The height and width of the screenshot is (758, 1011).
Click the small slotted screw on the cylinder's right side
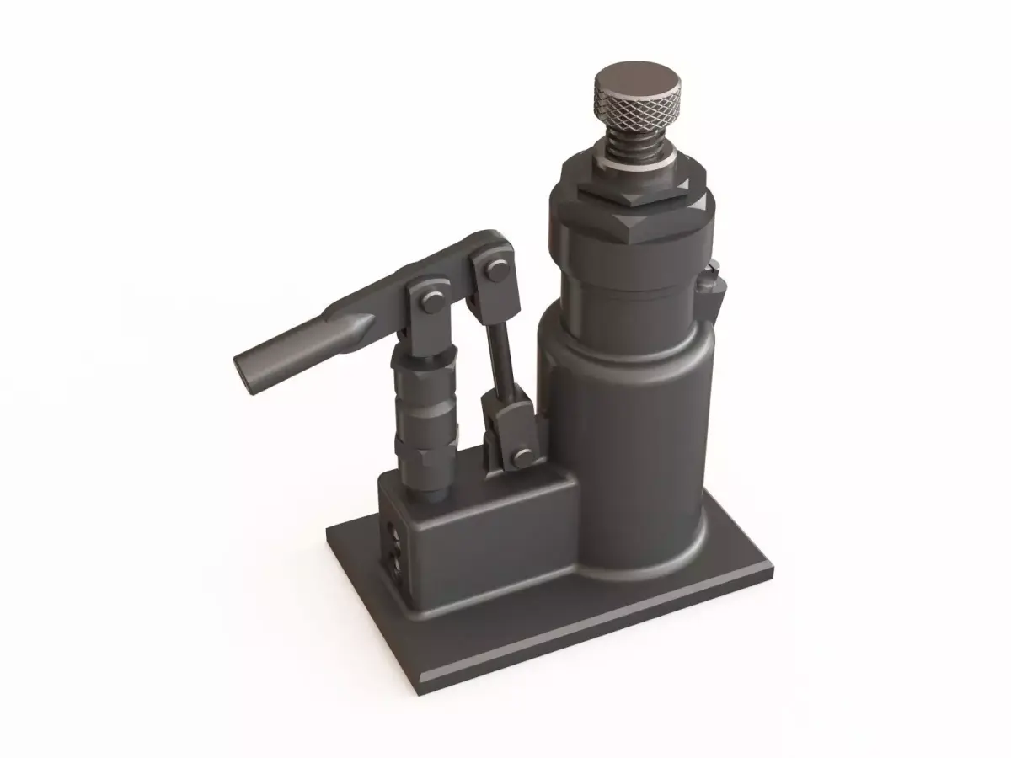click(x=714, y=278)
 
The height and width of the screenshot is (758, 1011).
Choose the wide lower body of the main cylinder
click(x=640, y=438)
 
